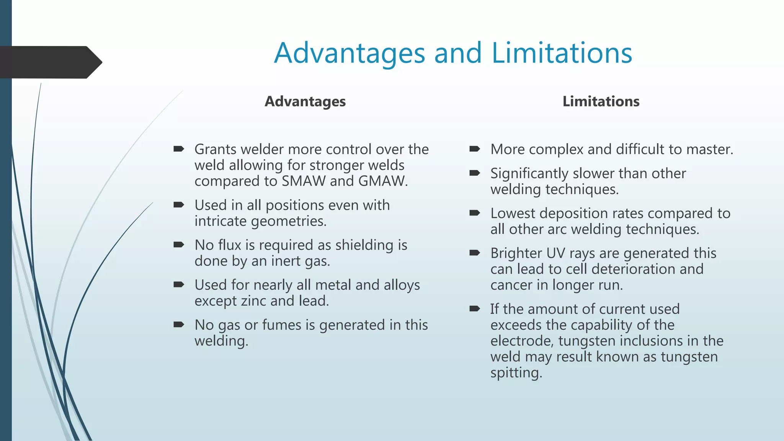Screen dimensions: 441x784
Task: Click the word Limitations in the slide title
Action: click(562, 53)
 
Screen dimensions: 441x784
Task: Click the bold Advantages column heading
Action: click(305, 101)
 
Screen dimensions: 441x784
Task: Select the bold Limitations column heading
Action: click(601, 101)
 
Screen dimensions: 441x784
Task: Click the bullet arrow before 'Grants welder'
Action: click(179, 149)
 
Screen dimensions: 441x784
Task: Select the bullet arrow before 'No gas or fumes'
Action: click(179, 325)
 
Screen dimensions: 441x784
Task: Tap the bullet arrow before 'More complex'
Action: click(475, 149)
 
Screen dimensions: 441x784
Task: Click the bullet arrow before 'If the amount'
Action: click(475, 309)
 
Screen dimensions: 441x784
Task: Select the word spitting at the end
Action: click(516, 373)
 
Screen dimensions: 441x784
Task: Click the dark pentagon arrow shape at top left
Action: click(50, 62)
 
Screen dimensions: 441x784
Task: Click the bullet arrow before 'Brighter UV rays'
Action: click(475, 253)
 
